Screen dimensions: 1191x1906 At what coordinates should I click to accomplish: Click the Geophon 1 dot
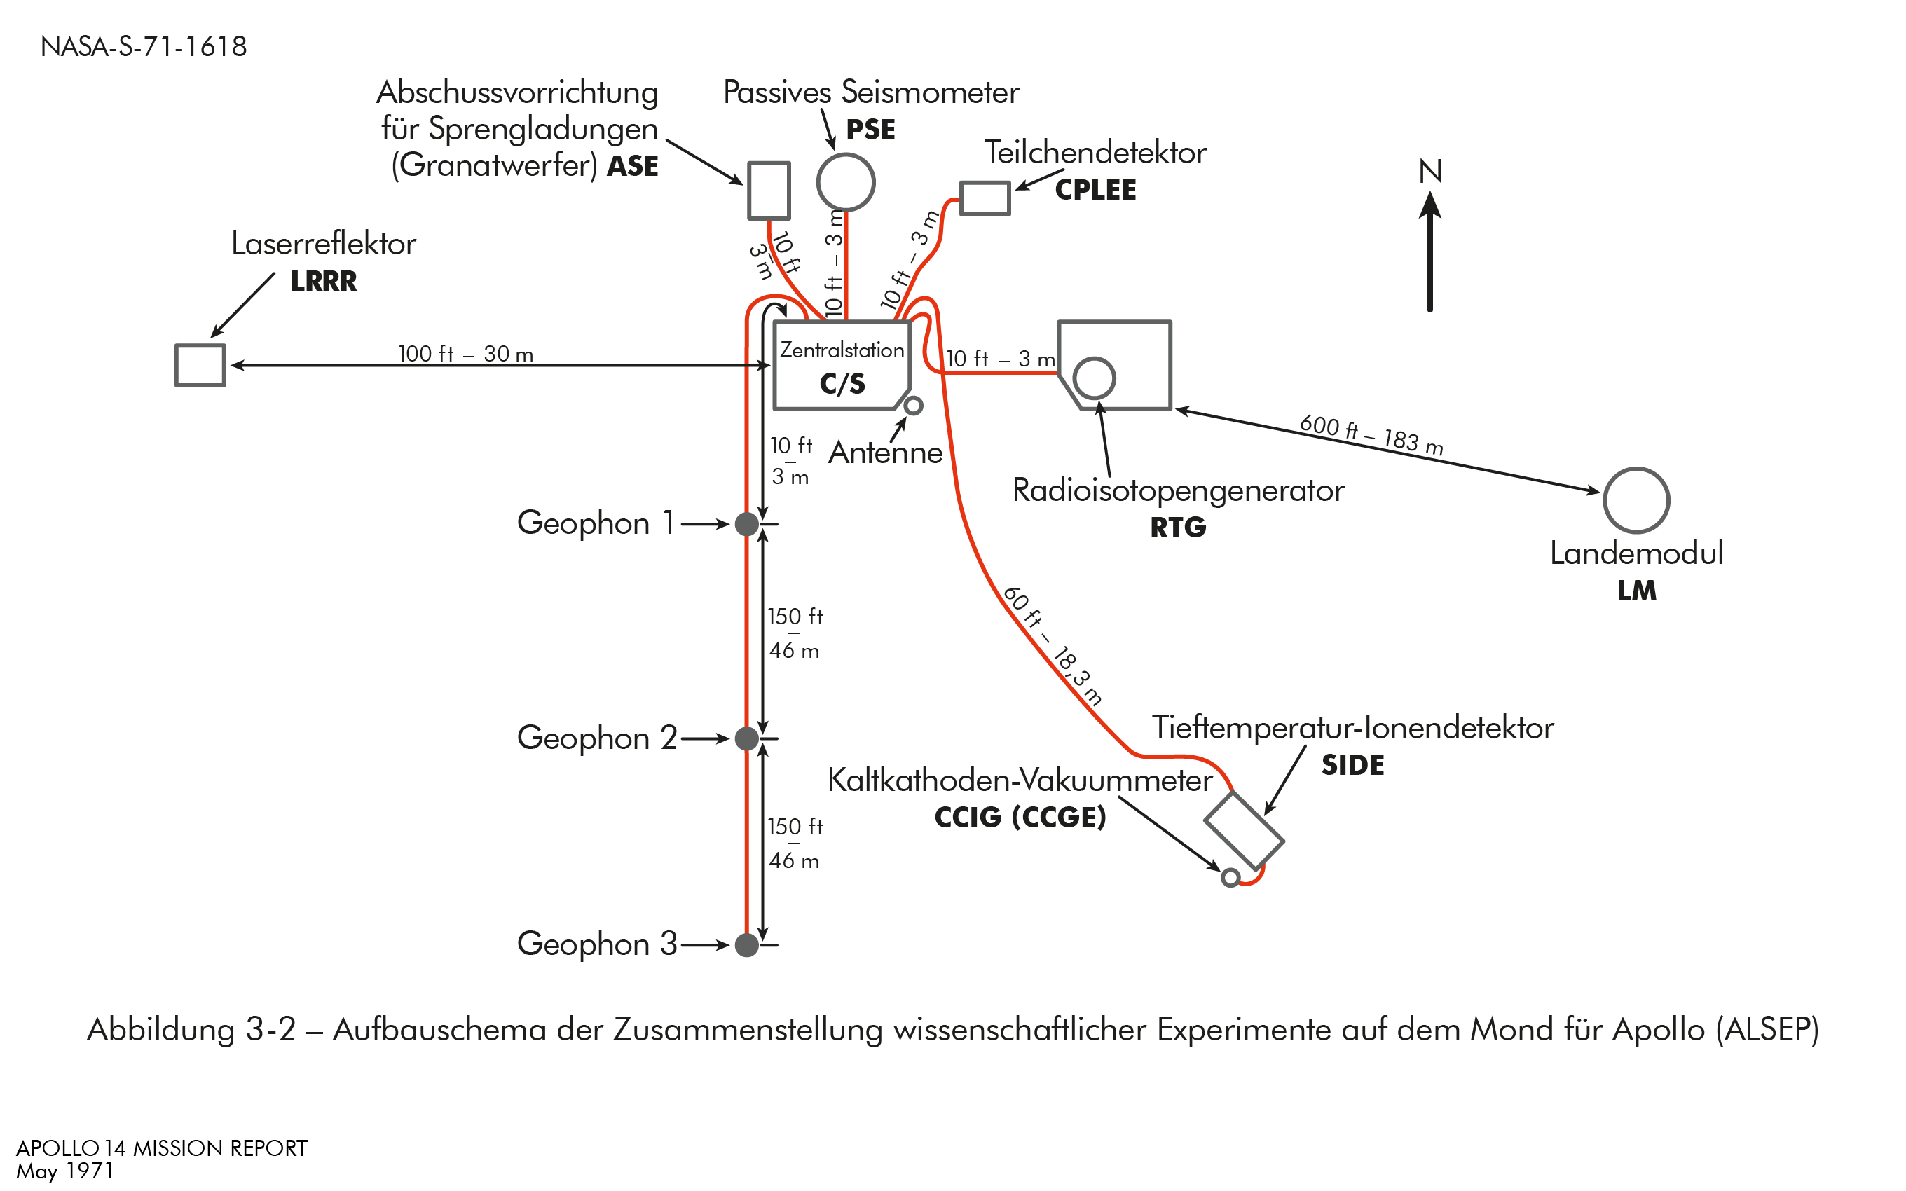pyautogui.click(x=746, y=524)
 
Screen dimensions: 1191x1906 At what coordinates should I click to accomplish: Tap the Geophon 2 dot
pyautogui.click(x=746, y=739)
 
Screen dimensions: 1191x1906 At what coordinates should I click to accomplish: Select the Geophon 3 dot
pyautogui.click(x=746, y=944)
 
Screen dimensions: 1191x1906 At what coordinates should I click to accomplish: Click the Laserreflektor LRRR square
pyautogui.click(x=200, y=366)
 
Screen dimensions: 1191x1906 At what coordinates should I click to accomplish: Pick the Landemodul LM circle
pyautogui.click(x=1636, y=500)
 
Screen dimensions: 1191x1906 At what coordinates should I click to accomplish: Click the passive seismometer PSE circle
pyautogui.click(x=846, y=183)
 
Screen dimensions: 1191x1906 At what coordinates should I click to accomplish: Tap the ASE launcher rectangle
pyautogui.click(x=769, y=191)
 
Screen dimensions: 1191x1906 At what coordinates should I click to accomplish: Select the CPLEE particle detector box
pyautogui.click(x=985, y=198)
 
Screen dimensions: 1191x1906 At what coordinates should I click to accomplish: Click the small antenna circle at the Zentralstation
pyautogui.click(x=913, y=406)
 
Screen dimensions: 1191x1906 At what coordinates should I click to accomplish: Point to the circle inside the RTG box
pyautogui.click(x=1094, y=378)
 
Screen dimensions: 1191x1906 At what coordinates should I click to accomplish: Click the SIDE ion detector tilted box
pyautogui.click(x=1244, y=831)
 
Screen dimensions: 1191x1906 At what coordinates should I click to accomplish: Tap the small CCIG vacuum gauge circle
pyautogui.click(x=1230, y=878)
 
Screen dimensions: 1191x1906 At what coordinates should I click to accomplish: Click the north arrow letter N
pyautogui.click(x=1430, y=171)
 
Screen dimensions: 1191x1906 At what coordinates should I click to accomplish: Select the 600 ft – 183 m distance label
pyautogui.click(x=1371, y=436)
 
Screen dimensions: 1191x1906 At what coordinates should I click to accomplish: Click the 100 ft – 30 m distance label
pyautogui.click(x=465, y=354)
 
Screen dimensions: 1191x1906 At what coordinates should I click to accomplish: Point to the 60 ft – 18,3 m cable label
pyautogui.click(x=1053, y=645)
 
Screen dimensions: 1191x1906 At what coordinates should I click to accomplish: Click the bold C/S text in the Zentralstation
pyautogui.click(x=842, y=384)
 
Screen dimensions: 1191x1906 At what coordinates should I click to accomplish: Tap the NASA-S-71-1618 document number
pyautogui.click(x=144, y=46)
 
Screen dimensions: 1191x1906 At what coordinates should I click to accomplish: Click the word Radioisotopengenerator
pyautogui.click(x=1178, y=490)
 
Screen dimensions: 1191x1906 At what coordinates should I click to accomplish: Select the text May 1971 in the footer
pyautogui.click(x=64, y=1171)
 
